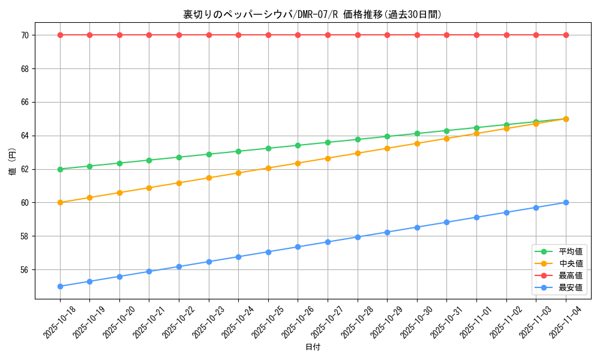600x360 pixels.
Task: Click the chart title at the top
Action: click(312, 14)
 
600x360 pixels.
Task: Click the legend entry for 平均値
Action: click(571, 251)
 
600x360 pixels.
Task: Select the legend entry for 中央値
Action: click(571, 263)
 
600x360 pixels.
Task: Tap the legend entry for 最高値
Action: click(571, 275)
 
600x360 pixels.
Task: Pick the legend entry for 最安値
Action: click(571, 287)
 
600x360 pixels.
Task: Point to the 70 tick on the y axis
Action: click(25, 35)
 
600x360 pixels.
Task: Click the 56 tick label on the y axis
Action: click(25, 269)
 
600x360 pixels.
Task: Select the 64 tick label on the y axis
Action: click(25, 136)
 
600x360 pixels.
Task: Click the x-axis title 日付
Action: click(313, 347)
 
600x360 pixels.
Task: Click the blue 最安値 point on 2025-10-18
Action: click(60, 286)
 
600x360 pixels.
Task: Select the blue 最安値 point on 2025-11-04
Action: click(566, 202)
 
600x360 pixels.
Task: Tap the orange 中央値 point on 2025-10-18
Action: click(60, 202)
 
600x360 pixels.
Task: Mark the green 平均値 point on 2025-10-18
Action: click(60, 169)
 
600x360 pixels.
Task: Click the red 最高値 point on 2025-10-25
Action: click(268, 35)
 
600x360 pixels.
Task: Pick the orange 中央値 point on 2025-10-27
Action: click(328, 158)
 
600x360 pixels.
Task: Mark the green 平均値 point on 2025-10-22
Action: click(179, 157)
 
